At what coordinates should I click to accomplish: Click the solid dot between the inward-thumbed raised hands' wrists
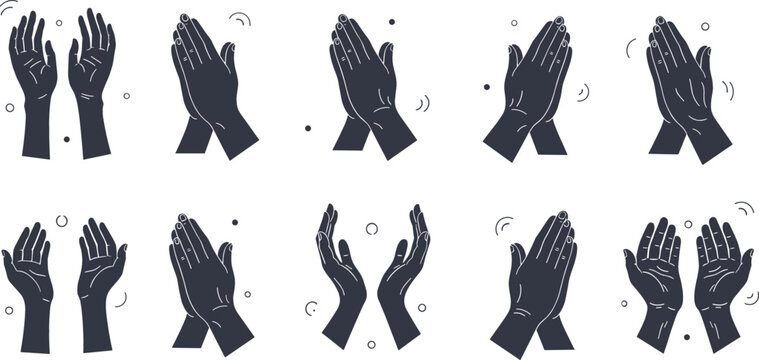pyautogui.click(x=66, y=139)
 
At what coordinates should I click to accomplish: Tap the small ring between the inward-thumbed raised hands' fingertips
pyautogui.click(x=58, y=22)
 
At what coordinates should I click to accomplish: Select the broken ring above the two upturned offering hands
pyautogui.click(x=62, y=219)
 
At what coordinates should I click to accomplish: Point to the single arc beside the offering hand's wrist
pyautogui.click(x=121, y=298)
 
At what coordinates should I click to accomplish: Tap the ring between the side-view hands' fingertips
pyautogui.click(x=372, y=229)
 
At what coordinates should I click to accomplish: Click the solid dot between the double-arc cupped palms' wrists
pyautogui.click(x=687, y=336)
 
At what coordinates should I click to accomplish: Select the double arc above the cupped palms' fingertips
pyautogui.click(x=743, y=208)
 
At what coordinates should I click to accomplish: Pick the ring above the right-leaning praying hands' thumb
pyautogui.click(x=515, y=22)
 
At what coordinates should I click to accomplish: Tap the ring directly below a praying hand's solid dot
pyautogui.click(x=244, y=295)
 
